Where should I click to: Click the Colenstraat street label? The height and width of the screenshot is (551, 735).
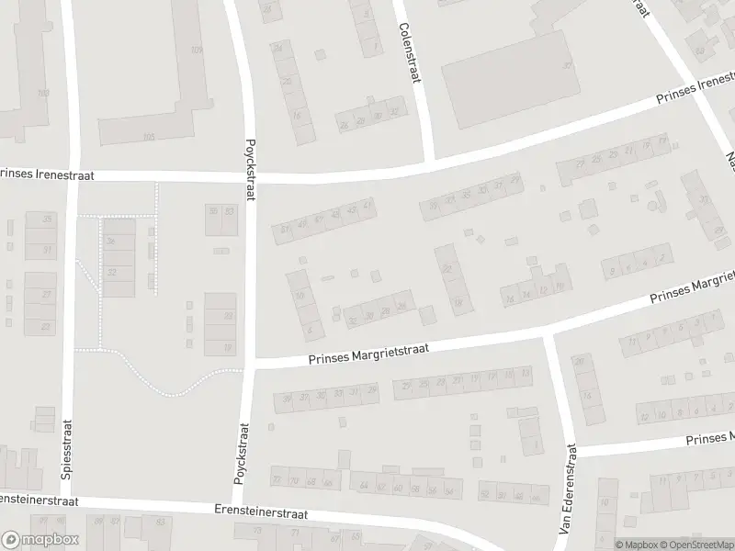click(x=409, y=54)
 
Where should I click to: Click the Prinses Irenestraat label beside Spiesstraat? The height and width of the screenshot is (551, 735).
click(x=40, y=173)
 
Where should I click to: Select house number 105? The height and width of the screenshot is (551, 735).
click(x=149, y=136)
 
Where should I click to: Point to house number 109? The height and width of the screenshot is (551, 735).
click(x=196, y=50)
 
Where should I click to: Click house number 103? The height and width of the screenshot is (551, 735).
click(x=42, y=94)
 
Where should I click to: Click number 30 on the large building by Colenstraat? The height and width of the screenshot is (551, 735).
click(x=568, y=65)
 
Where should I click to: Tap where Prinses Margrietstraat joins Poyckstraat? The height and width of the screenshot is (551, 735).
click(x=248, y=365)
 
